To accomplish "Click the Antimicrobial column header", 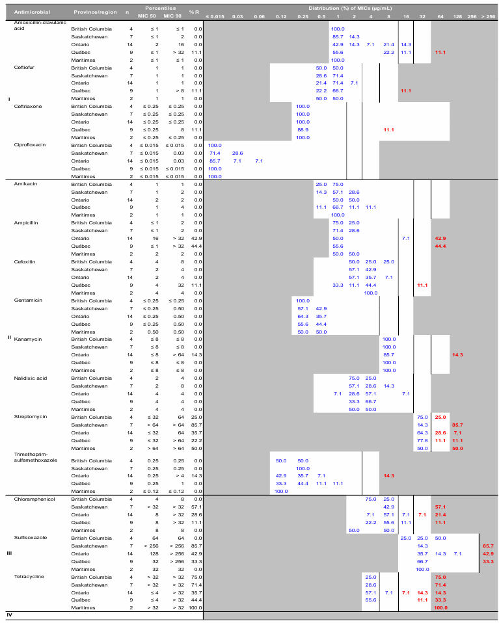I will tap(29, 12).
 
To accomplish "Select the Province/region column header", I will tap(90, 12).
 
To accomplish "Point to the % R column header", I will tap(194, 12).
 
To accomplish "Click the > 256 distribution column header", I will tap(487, 15).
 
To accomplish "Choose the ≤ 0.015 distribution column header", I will tap(215, 15).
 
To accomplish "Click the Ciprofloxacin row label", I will tap(29, 145).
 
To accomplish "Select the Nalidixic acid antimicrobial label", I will tap(30, 378).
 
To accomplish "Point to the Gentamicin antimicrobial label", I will tap(28, 300).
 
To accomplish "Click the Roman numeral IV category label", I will tap(9, 615).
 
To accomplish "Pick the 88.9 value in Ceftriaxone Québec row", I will tap(303, 129).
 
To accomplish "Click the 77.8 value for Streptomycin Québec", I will tap(422, 440).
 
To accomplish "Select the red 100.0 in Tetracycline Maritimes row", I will tap(440, 607).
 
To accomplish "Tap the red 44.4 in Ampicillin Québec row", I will tap(440, 246).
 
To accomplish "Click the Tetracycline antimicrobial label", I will tap(29, 577).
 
